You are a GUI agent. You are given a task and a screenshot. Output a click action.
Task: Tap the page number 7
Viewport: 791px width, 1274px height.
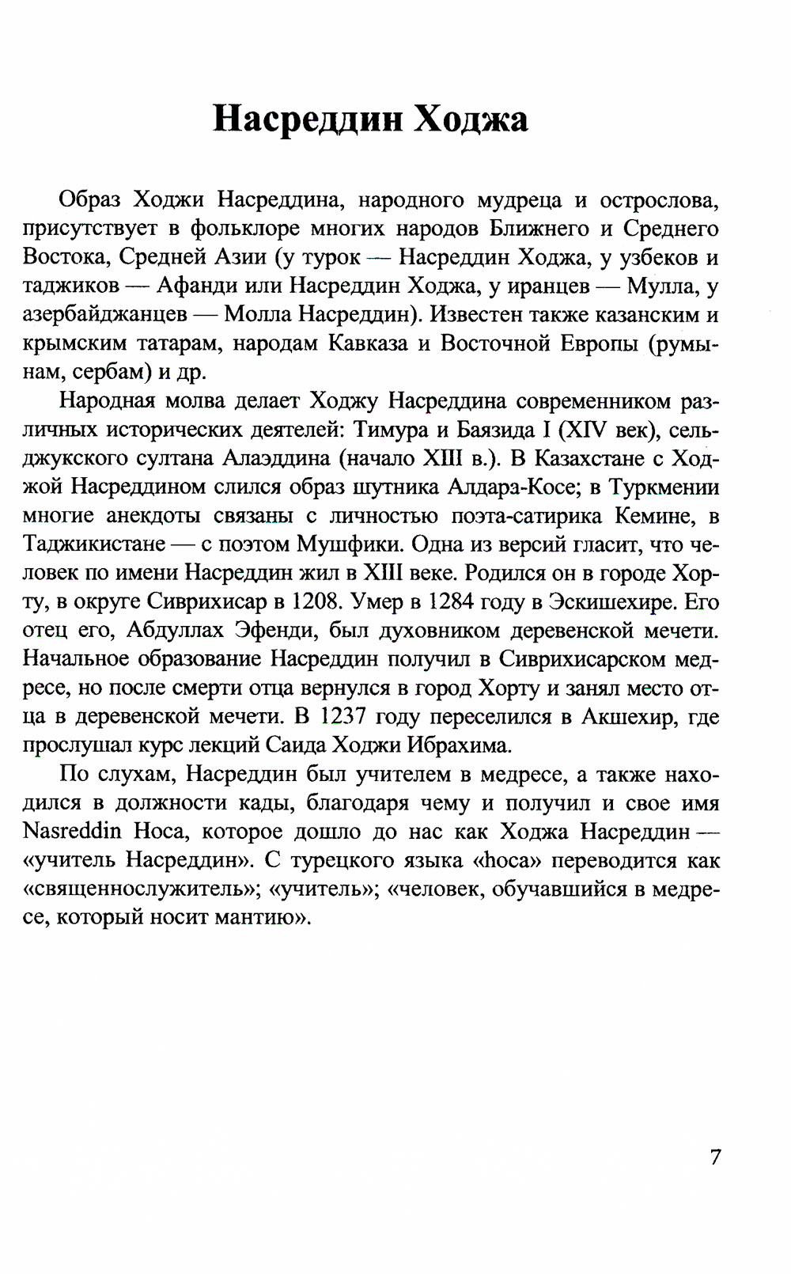coord(715,1157)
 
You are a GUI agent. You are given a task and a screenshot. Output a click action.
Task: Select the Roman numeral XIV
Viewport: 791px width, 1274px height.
coord(584,430)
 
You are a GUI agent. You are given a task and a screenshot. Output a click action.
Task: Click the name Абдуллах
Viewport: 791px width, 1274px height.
coord(175,631)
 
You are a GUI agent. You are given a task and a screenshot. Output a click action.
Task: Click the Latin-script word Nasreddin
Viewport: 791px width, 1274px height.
coord(71,832)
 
